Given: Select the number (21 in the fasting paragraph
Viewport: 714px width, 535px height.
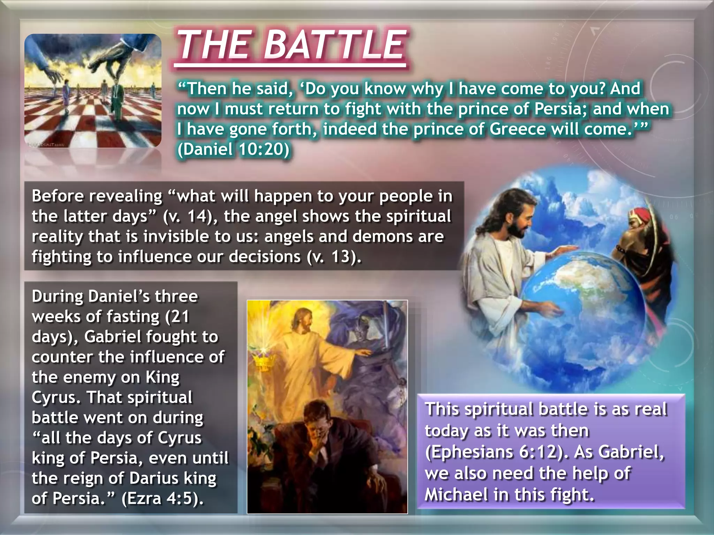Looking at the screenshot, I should pos(177,317).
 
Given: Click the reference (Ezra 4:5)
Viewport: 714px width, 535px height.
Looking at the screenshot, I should pos(162,498).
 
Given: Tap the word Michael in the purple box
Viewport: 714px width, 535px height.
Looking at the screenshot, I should pos(456,495).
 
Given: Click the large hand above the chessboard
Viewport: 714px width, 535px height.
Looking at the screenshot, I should pos(115,56).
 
